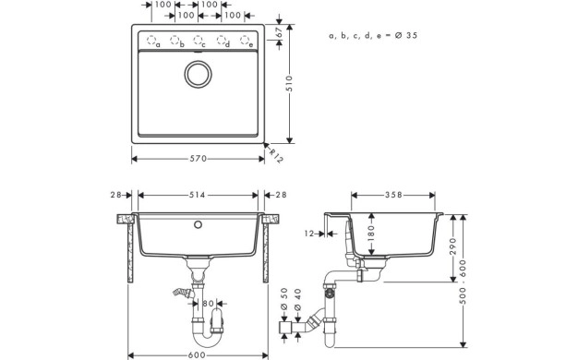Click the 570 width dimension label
click(198, 159)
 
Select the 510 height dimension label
click(289, 84)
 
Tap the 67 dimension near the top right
click(279, 32)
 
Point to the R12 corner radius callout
click(276, 155)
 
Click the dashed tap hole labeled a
click(151, 40)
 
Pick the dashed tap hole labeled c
click(198, 40)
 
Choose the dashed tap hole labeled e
click(245, 40)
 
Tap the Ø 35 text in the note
click(406, 35)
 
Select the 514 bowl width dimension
click(198, 195)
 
